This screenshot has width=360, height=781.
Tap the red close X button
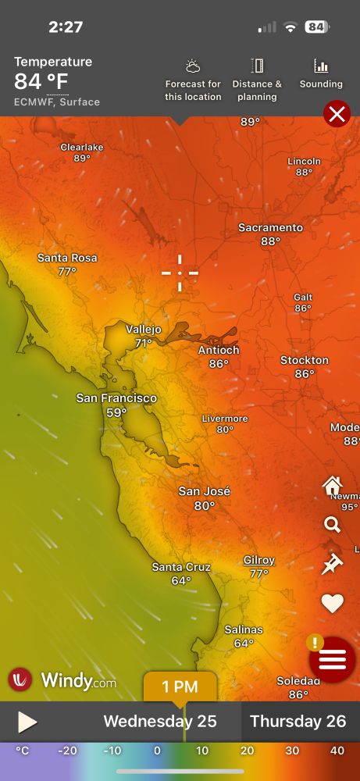[337, 115]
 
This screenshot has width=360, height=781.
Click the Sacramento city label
[270, 227]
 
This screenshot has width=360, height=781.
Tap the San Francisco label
[116, 398]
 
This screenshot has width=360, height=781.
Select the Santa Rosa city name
[67, 258]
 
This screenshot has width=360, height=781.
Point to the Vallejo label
[144, 330]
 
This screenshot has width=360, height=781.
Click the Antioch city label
[219, 350]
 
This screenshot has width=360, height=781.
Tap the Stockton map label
[305, 360]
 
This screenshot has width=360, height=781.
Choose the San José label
[205, 491]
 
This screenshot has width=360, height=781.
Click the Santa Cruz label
[181, 567]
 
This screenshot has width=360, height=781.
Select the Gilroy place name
[259, 560]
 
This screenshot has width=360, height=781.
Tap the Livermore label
[225, 419]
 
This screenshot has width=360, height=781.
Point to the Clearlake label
[82, 147]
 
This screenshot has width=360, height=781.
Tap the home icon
[333, 486]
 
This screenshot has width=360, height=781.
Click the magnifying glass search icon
[332, 524]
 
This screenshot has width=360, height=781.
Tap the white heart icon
[333, 603]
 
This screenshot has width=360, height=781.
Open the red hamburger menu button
[333, 660]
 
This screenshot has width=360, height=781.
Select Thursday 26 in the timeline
[298, 722]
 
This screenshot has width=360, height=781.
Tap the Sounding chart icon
[321, 74]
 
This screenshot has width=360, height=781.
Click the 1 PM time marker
[180, 687]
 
